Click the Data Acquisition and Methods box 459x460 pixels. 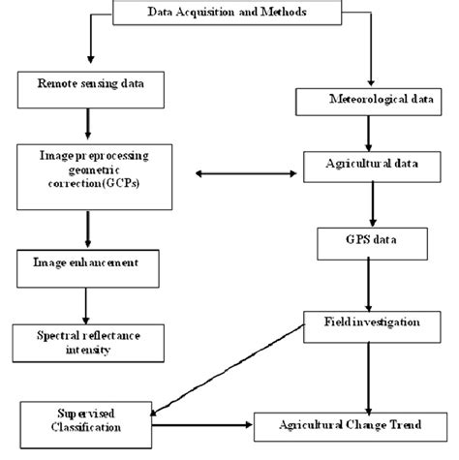click(x=229, y=12)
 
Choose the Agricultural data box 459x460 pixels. click(x=372, y=165)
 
